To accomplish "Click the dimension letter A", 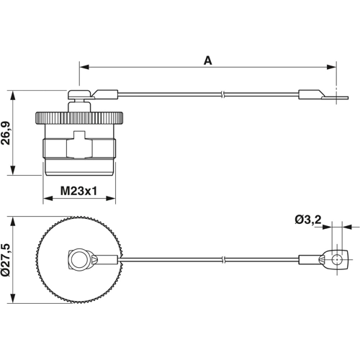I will [x=207, y=61].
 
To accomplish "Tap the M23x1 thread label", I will [x=78, y=192].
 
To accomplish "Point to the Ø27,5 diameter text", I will [x=7, y=258].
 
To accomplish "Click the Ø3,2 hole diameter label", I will [x=308, y=220].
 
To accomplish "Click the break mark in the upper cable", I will [x=225, y=94].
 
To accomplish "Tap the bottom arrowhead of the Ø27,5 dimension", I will [x=14, y=297].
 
